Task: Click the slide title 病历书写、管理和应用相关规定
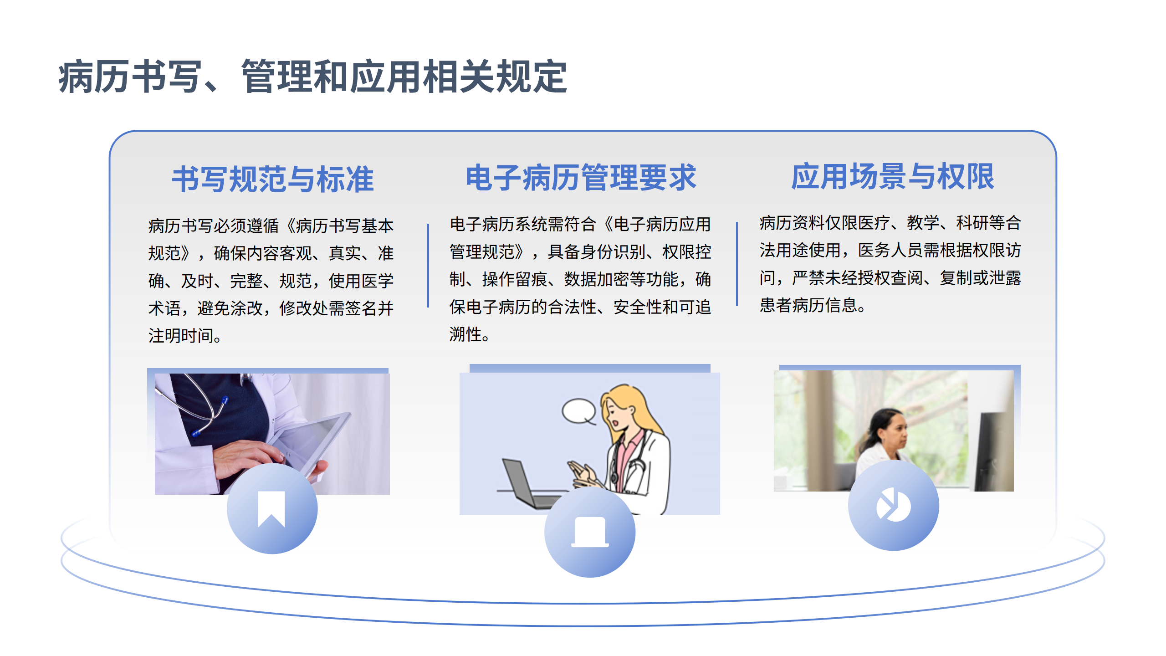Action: (x=313, y=77)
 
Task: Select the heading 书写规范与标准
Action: (x=273, y=179)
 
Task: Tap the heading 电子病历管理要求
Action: (x=581, y=177)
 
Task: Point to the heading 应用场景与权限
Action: (x=893, y=176)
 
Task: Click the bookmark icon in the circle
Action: (x=271, y=509)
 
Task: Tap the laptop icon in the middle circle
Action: (x=590, y=532)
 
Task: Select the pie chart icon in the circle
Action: (x=893, y=504)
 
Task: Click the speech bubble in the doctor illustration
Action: (x=579, y=411)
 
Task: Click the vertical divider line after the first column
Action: (x=428, y=266)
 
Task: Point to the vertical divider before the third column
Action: (x=737, y=264)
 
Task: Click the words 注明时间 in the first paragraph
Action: (x=181, y=336)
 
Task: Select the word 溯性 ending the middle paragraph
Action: (x=465, y=334)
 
